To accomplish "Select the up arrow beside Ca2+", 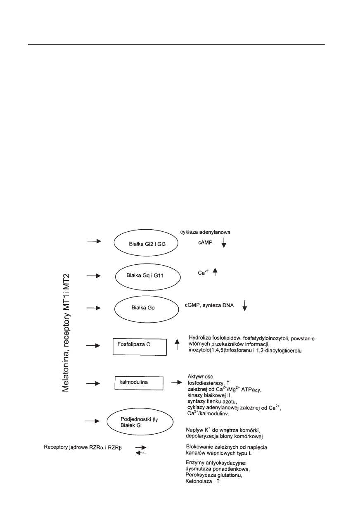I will pyautogui.click(x=215, y=273).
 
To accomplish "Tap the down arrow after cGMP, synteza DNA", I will pyautogui.click(x=245, y=305).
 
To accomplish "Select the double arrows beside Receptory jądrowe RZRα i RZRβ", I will pyautogui.click(x=141, y=450).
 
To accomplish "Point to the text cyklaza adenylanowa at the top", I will pyautogui.click(x=202, y=232).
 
